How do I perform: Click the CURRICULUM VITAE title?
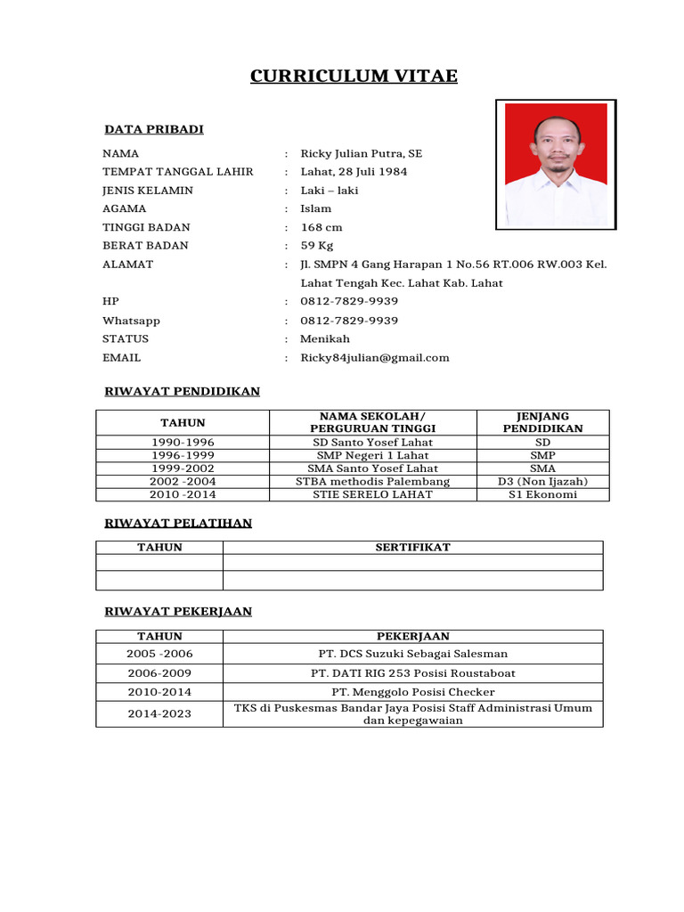click(354, 77)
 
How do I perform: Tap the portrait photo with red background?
click(556, 164)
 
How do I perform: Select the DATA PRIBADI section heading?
click(154, 130)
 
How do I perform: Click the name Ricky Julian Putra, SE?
click(361, 153)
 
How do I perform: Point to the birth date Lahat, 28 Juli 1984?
click(354, 172)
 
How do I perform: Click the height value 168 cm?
click(321, 227)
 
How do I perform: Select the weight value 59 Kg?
click(318, 246)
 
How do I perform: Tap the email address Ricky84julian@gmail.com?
click(374, 358)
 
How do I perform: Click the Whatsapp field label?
click(131, 321)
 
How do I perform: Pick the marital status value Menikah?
click(325, 339)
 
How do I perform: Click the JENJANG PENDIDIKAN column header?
click(543, 422)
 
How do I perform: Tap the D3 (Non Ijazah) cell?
click(543, 482)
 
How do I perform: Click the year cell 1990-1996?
click(183, 443)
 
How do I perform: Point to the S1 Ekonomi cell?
click(543, 495)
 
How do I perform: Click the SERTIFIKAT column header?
click(412, 548)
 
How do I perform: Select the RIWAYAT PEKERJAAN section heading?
click(178, 612)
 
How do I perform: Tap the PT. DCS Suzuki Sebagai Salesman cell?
click(412, 655)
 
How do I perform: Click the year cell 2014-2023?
click(159, 714)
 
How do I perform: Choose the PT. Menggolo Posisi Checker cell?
click(412, 692)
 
